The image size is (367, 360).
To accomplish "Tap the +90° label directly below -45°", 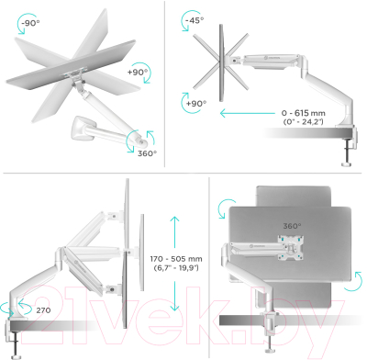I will coord(195,104).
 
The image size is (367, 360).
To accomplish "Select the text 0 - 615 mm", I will coord(329,111).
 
